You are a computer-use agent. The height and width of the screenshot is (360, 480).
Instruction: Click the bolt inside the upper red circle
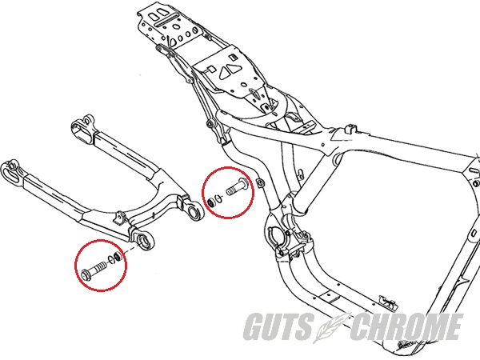point(237,186)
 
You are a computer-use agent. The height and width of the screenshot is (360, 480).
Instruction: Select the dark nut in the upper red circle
point(210,202)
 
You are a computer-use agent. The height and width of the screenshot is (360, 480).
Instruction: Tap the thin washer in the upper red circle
point(218,198)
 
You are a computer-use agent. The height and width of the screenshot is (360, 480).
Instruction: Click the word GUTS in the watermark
point(278,326)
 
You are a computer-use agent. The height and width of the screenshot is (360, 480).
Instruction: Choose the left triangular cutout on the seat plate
point(225,73)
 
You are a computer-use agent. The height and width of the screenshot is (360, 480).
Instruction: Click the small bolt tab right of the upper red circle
point(260,183)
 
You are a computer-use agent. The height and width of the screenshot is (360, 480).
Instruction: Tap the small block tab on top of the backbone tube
point(350,128)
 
